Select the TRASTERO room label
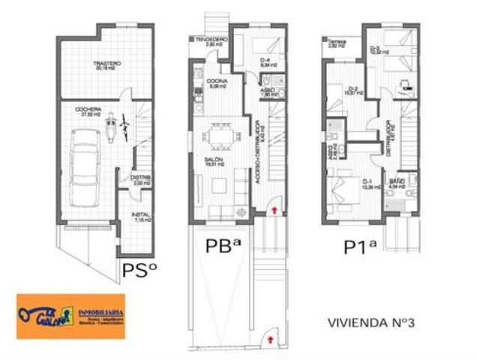pos(107,64)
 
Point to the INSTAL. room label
pos(142,214)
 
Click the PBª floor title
pos(223,246)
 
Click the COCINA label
pos(218,82)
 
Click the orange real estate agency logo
pos(70,316)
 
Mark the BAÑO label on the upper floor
pos(396,181)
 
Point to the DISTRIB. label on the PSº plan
pos(142,178)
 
